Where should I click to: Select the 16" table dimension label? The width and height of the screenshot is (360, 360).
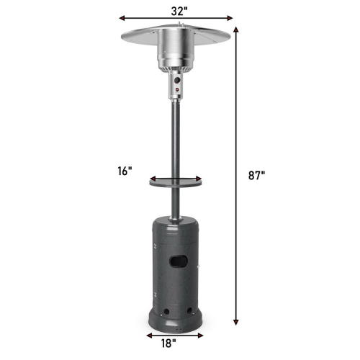(x=125, y=171)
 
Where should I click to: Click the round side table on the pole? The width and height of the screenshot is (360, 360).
(x=176, y=181)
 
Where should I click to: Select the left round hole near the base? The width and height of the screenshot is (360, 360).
(x=163, y=312)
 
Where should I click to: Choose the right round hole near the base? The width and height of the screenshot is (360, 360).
(x=189, y=312)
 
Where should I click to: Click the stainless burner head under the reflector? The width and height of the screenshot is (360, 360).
(x=177, y=54)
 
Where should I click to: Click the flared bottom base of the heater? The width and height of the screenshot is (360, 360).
(x=177, y=323)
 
